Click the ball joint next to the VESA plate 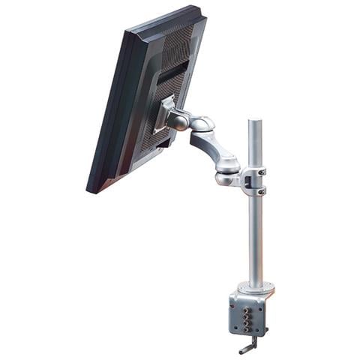click(180, 119)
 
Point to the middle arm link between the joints click(214, 145)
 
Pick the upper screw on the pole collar click(262, 172)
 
